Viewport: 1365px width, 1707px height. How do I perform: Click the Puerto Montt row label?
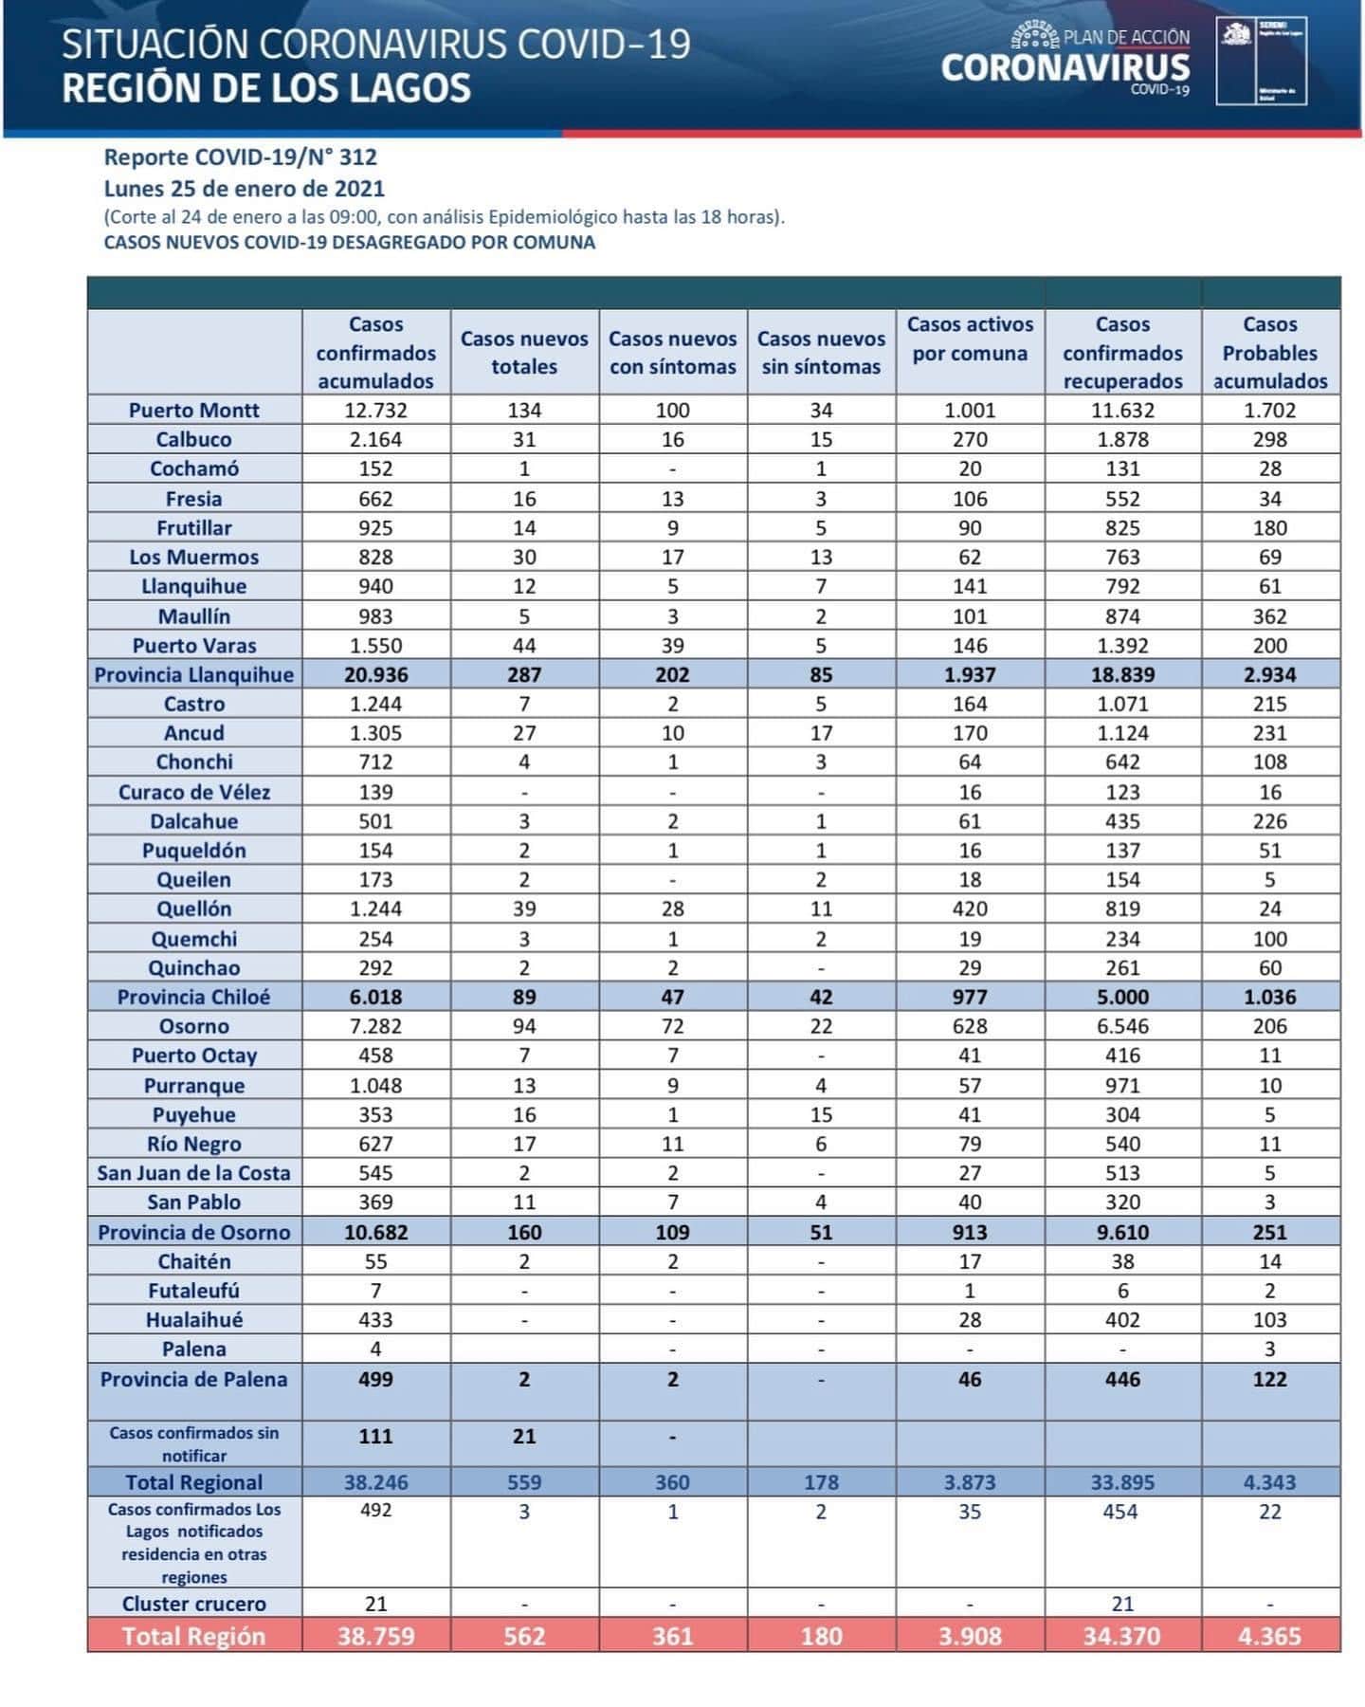193,410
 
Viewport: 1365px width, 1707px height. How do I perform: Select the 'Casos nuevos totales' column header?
524,353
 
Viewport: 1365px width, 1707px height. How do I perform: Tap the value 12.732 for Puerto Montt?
375,410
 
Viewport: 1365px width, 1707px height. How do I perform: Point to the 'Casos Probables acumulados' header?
1270,353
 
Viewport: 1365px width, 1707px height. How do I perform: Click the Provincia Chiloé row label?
193,997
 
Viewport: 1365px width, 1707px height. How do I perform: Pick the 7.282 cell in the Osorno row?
375,1026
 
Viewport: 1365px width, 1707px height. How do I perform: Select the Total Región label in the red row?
193,1636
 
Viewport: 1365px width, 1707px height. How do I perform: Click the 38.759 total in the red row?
375,1636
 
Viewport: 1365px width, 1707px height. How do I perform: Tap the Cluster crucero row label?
193,1604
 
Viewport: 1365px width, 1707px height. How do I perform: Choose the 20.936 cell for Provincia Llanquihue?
375,674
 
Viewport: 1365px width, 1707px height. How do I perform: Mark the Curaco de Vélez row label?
193,792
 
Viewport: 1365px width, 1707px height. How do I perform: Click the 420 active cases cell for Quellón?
970,909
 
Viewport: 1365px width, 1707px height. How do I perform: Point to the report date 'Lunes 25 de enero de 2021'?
245,188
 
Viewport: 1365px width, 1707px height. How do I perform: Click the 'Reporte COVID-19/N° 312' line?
241,157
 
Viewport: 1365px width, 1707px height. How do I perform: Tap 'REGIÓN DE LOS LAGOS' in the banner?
266,88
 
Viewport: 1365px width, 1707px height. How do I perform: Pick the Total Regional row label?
193,1482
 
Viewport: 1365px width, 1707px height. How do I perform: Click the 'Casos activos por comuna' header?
970,339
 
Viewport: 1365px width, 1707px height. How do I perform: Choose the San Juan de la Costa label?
193,1173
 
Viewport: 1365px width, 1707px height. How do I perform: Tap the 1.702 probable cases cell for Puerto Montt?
1270,410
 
